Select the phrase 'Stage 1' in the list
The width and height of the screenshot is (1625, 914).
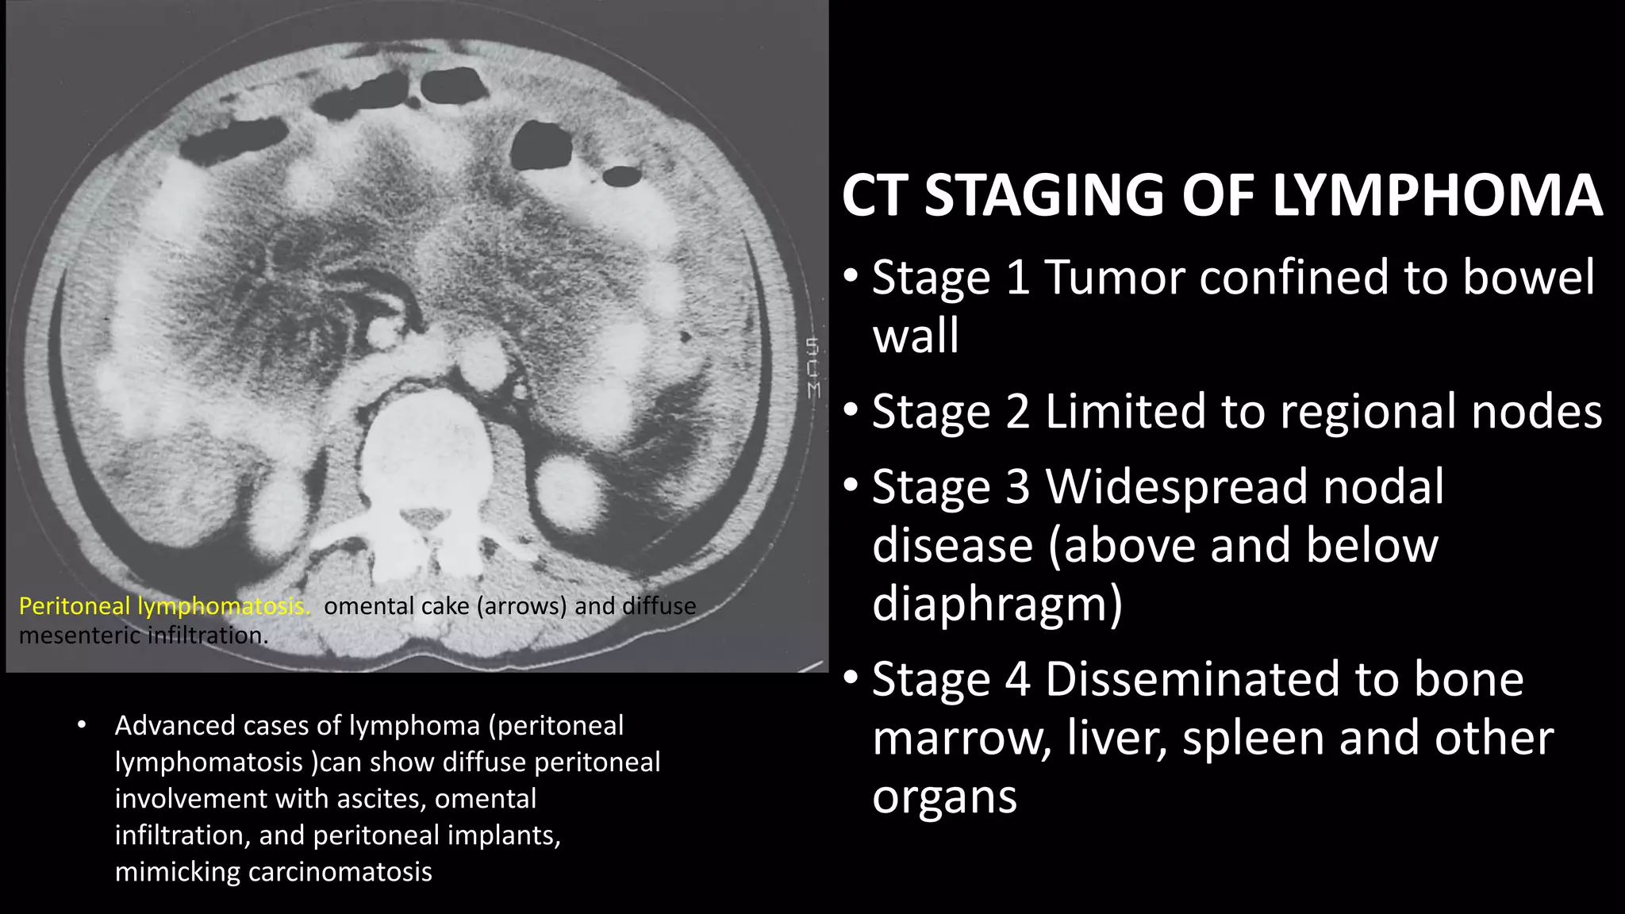[x=951, y=278]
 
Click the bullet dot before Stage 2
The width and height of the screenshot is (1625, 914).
[x=851, y=411]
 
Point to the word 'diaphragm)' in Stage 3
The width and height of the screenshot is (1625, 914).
[x=997, y=603]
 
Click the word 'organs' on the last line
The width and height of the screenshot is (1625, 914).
[x=944, y=797]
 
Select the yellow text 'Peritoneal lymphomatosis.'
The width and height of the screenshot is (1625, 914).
[x=164, y=606]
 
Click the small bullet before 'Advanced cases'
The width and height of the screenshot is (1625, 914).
[x=81, y=724]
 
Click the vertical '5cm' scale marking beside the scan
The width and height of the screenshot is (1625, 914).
[x=812, y=367]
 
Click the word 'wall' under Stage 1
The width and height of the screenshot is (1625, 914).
[x=916, y=336]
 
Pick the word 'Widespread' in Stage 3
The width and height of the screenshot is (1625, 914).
[x=1244, y=486]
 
